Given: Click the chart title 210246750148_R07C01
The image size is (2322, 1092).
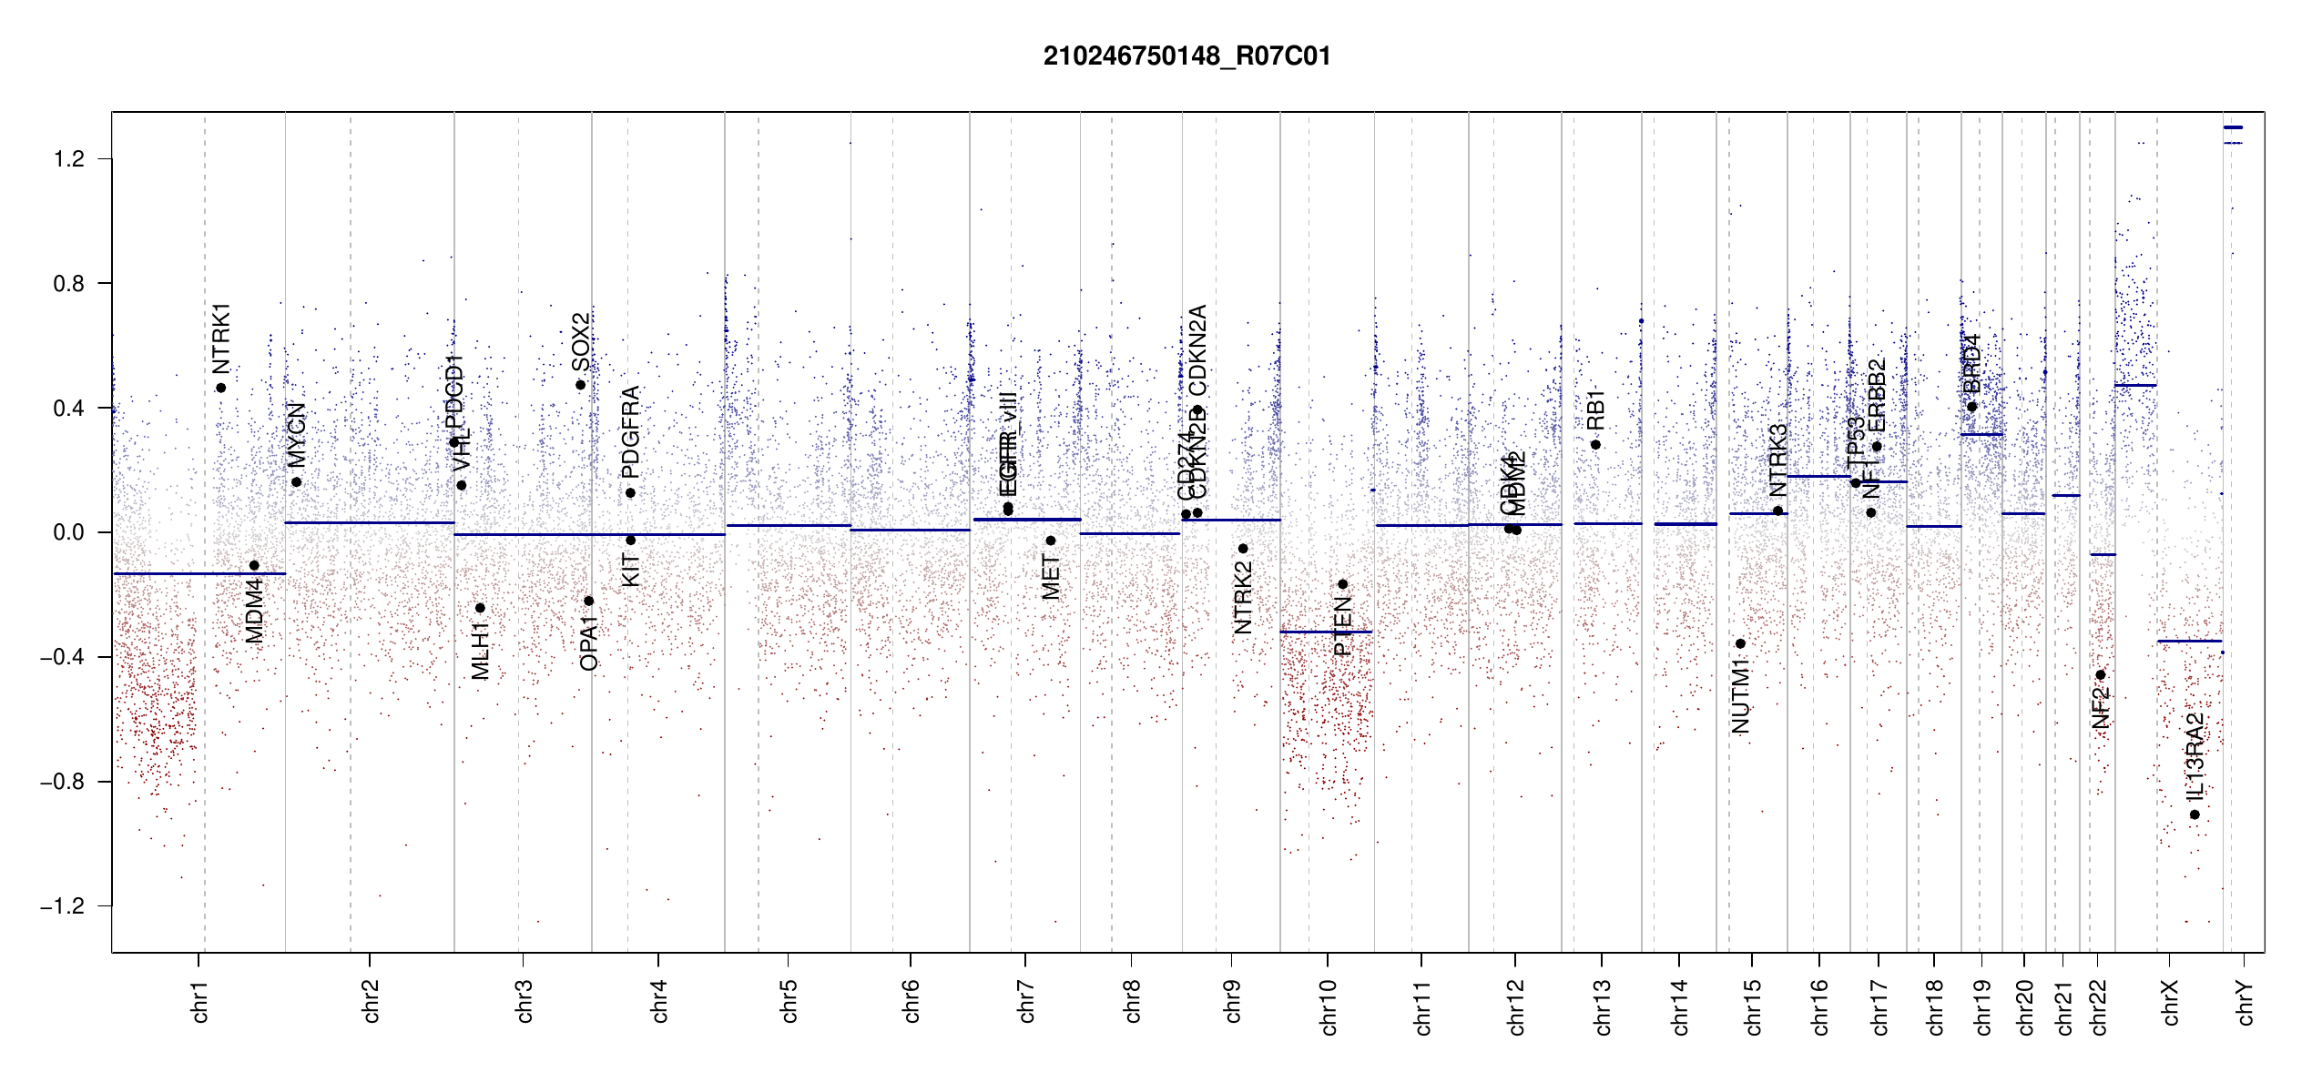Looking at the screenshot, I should pos(1186,56).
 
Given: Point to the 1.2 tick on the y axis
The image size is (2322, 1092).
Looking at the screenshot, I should pos(69,159).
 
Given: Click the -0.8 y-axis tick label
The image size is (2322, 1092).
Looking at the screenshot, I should pos(62,782).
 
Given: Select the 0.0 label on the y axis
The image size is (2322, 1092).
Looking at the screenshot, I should pos(69,532).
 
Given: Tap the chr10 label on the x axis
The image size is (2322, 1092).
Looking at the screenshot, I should pos(1329,1007).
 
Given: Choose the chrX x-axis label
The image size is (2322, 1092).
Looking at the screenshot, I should pos(2170,1003).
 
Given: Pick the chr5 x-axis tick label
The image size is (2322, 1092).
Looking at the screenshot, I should pos(789,1002).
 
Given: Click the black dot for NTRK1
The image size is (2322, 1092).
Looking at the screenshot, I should pos(220,389).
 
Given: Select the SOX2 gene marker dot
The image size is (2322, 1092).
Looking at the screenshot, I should pos(580,385).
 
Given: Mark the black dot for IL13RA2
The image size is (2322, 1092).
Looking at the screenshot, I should pos(2195,814).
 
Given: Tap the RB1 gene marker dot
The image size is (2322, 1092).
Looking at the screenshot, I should pos(1595,445).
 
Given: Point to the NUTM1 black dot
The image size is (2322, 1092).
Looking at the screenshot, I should pos(1740,643).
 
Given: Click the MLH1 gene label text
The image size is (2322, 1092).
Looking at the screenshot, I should pos(480,652).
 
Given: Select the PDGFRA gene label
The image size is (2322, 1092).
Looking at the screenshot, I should pos(630,432).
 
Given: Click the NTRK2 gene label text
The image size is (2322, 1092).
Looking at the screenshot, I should pos(1243,598).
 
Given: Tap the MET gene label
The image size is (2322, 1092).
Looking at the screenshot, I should pos(1051,578).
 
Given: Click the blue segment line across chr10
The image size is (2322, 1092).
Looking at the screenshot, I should pos(1326,632).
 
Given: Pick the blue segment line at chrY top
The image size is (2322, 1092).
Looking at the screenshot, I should pos(2233,127).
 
